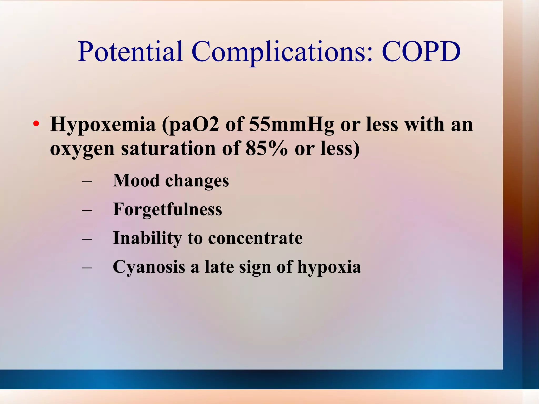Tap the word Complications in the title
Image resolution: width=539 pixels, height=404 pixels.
282,52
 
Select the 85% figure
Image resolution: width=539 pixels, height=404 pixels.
267,148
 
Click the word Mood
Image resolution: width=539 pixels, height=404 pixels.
136,181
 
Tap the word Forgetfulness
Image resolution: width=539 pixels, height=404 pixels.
167,210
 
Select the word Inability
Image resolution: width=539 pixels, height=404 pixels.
147,238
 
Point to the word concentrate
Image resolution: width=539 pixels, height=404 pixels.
255,238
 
